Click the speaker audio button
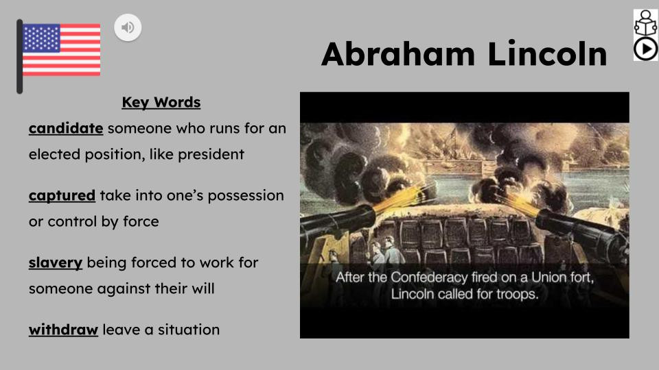(128, 27)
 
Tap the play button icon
(645, 49)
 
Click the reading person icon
(645, 23)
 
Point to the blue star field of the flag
(41, 38)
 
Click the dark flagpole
(19, 56)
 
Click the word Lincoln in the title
(547, 53)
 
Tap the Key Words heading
(161, 102)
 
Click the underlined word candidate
(66, 128)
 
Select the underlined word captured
(62, 195)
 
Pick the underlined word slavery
(56, 262)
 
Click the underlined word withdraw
(63, 330)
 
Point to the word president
(211, 154)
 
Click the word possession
(246, 195)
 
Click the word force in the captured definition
(141, 221)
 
